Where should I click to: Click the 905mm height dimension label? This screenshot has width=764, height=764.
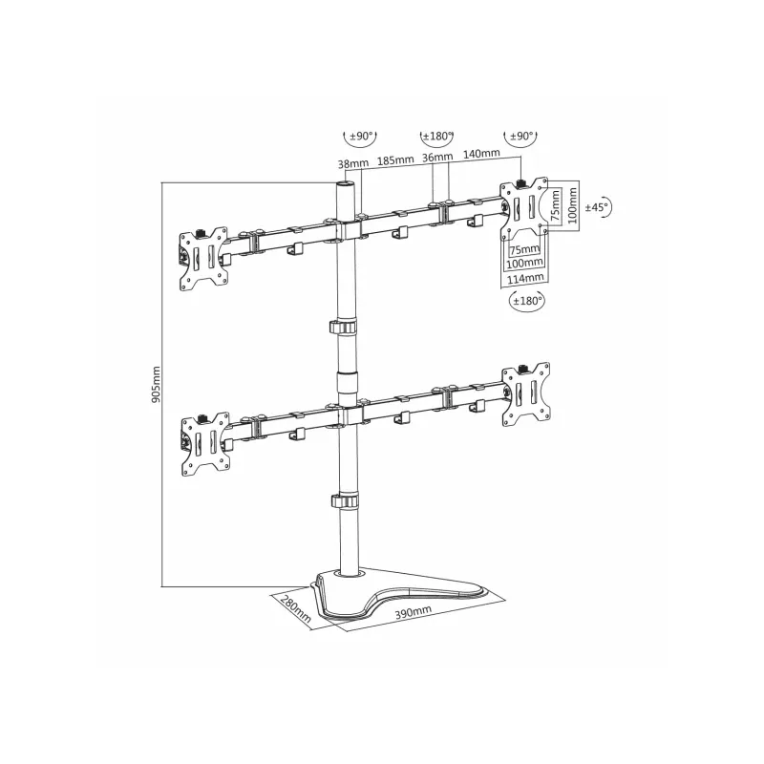coord(157,385)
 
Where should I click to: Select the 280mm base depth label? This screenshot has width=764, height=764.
coord(291,605)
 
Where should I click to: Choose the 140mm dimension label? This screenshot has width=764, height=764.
coord(480,153)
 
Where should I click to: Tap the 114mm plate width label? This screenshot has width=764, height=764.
coord(524,277)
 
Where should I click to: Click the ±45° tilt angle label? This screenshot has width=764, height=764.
coord(597,207)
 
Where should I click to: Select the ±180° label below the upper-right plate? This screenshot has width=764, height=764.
coord(525,301)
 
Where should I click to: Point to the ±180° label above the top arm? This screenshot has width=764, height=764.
coord(438,135)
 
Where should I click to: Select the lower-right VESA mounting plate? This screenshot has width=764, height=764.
coord(528,392)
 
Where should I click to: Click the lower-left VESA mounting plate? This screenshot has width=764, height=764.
coord(204,441)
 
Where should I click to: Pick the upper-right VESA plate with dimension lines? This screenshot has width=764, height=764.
coord(522,206)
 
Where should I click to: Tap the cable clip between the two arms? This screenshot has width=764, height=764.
coord(346,328)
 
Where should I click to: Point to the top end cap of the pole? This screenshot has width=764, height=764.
coord(345,182)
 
